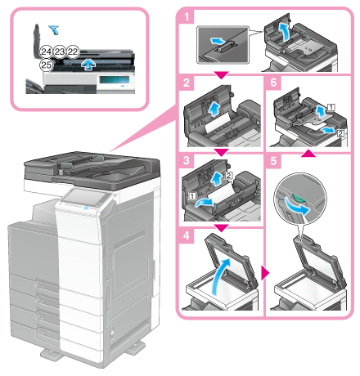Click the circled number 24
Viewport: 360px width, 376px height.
tap(46, 51)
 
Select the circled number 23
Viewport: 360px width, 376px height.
tap(59, 51)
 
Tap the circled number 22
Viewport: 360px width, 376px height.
tap(73, 51)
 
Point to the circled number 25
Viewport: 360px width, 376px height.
tap(46, 65)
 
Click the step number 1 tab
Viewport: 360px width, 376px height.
tap(187, 17)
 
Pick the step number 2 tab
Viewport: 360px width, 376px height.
tap(187, 83)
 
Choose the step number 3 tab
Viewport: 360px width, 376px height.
tap(187, 160)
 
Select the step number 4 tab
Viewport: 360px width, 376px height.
tap(187, 235)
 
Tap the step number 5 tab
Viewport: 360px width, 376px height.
tap(273, 161)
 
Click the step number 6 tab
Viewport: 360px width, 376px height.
tap(273, 83)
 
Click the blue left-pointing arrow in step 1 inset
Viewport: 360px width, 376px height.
tap(218, 42)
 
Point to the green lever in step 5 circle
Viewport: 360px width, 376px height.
tap(297, 198)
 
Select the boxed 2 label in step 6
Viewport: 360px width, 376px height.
tap(340, 133)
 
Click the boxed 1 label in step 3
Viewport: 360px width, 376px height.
tap(192, 195)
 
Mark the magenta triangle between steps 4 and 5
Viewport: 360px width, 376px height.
tap(265, 273)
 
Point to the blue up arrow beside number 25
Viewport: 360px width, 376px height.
tap(88, 65)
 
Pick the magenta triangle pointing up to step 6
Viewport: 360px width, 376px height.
tap(308, 153)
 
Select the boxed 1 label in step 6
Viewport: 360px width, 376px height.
tap(331, 107)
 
